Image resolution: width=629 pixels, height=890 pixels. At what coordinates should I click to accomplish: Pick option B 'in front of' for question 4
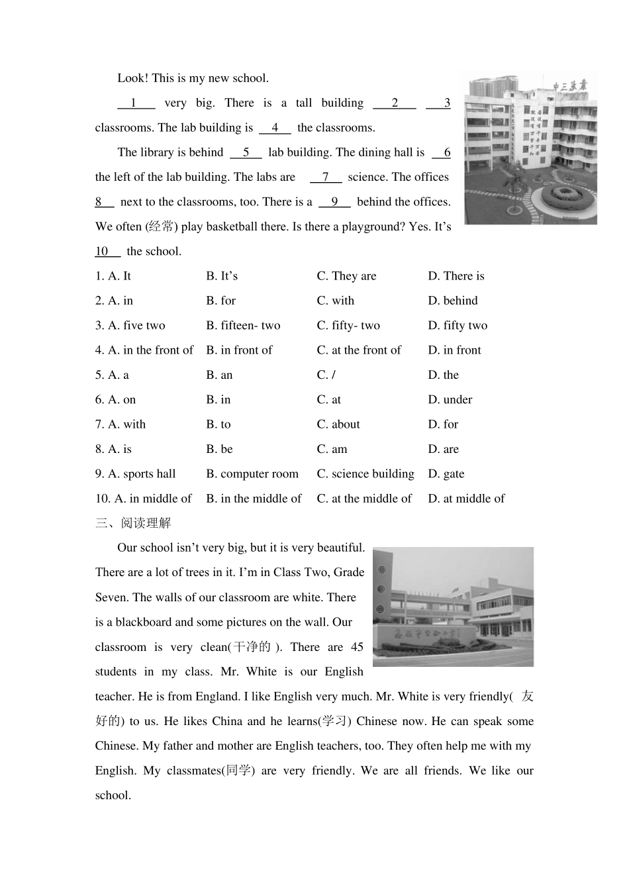click(239, 350)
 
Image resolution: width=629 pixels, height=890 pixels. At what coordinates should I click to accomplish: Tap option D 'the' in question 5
click(443, 375)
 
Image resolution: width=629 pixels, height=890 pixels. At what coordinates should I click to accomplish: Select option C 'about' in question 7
click(338, 424)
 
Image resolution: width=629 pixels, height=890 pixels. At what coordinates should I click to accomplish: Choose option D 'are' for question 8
click(443, 449)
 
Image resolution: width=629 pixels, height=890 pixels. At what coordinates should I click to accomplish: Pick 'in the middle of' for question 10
click(254, 499)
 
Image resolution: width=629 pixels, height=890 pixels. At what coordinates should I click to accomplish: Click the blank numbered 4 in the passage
click(275, 128)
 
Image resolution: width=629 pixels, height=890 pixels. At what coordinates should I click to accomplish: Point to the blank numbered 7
click(326, 177)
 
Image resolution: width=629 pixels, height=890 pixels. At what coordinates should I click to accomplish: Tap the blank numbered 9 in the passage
click(334, 202)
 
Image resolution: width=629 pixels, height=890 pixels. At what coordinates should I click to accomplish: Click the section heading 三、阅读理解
click(133, 523)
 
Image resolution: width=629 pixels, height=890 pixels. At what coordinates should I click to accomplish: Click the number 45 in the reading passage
click(357, 647)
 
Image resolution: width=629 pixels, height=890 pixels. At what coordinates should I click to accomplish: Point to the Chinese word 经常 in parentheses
click(162, 226)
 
